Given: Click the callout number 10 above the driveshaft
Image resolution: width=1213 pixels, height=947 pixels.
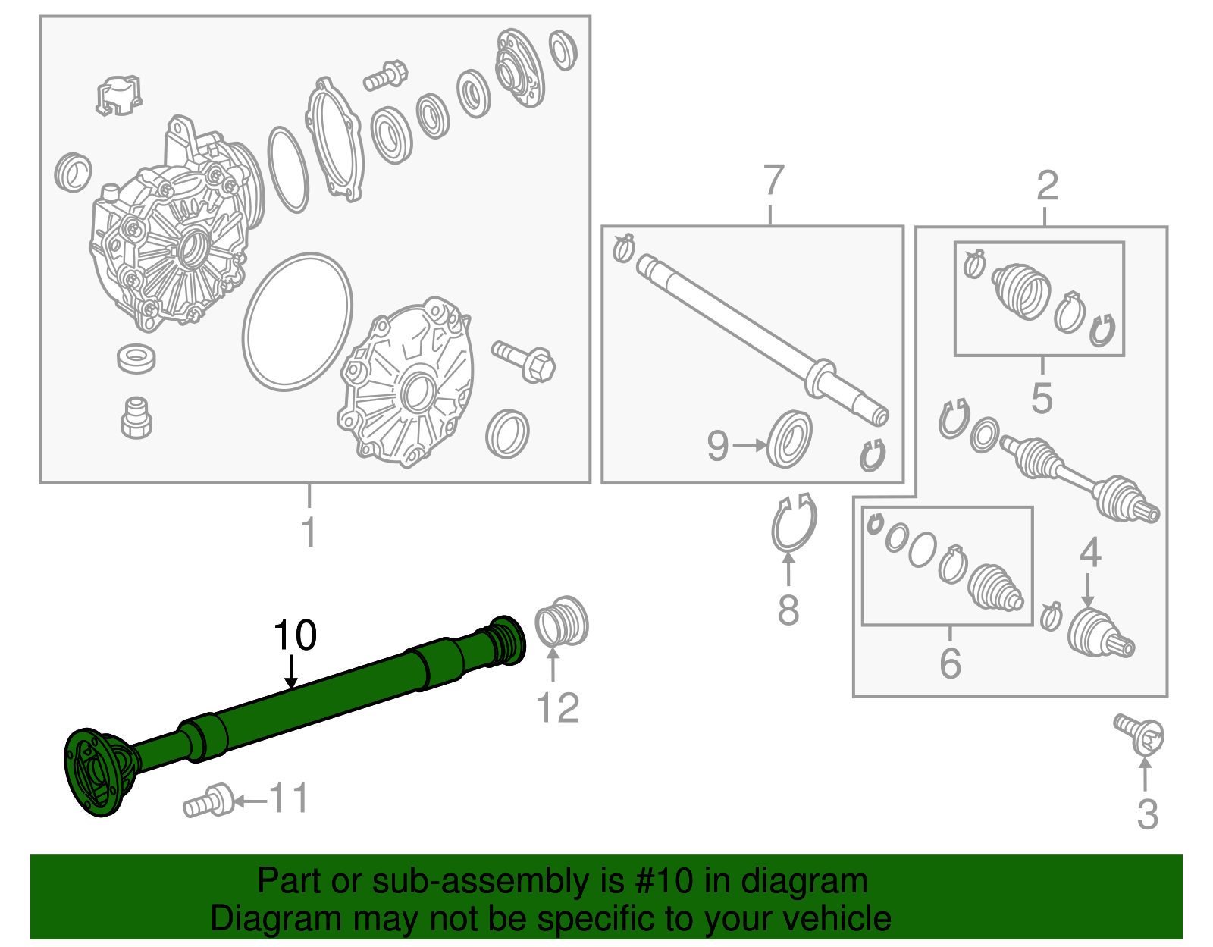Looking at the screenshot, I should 295,635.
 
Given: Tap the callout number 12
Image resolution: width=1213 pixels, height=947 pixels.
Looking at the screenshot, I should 557,708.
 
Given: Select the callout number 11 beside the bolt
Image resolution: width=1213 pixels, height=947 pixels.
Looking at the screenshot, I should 289,799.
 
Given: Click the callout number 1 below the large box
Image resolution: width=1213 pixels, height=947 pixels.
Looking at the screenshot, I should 309,532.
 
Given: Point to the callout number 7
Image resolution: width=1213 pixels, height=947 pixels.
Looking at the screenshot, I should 773,180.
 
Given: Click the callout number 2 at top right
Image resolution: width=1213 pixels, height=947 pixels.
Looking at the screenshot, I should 1046,186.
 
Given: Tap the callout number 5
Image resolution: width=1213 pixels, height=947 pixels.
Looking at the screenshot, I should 1042,397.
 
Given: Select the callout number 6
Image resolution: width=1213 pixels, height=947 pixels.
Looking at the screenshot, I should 950,663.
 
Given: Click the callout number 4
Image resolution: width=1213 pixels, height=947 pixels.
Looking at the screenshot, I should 1090,553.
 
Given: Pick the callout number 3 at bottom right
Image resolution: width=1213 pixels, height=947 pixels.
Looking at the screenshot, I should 1147,815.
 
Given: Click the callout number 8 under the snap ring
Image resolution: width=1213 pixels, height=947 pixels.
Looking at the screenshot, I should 788,610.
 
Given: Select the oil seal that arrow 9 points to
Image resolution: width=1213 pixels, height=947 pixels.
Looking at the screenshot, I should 788,440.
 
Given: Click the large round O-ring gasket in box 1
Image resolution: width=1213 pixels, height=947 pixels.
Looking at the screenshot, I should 297,322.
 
